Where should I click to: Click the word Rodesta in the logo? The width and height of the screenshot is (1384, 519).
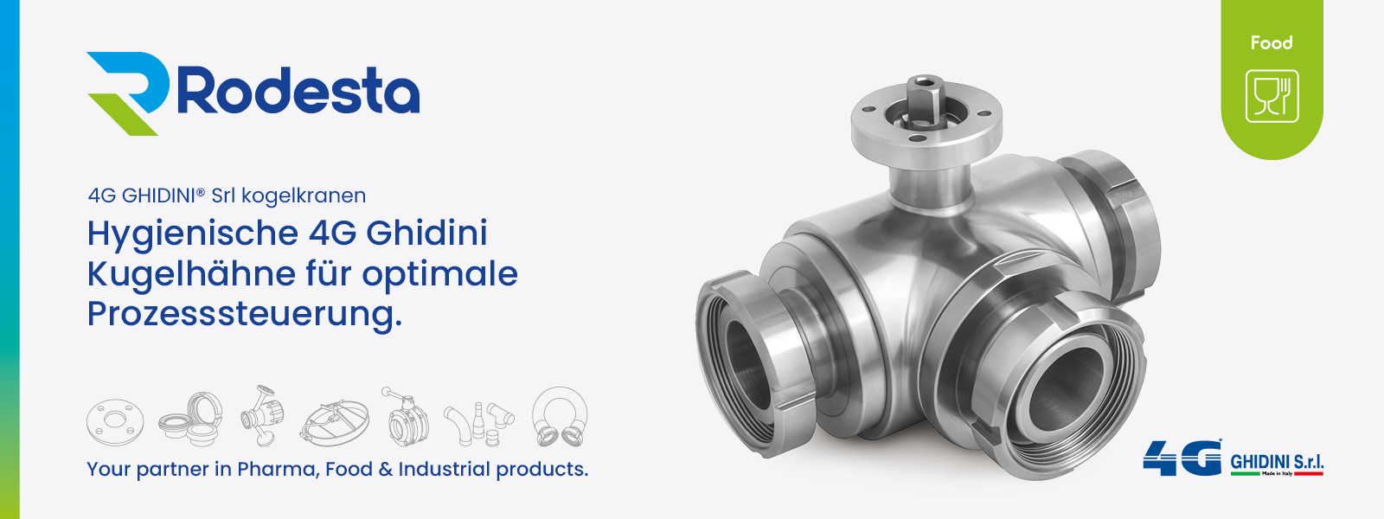click(x=298, y=92)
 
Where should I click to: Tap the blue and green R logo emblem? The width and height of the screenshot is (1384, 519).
click(x=128, y=93)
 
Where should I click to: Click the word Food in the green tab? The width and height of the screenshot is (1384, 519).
click(x=1272, y=42)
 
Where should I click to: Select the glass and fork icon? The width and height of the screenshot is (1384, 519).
click(x=1272, y=96)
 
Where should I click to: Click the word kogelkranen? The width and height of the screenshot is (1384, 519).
click(x=304, y=195)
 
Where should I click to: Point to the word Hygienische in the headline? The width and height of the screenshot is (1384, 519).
click(x=193, y=234)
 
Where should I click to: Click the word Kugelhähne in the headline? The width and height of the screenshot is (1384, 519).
click(x=191, y=274)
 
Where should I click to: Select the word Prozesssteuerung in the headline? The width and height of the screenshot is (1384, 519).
click(x=244, y=314)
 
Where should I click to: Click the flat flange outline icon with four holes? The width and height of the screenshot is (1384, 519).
click(x=115, y=421)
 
